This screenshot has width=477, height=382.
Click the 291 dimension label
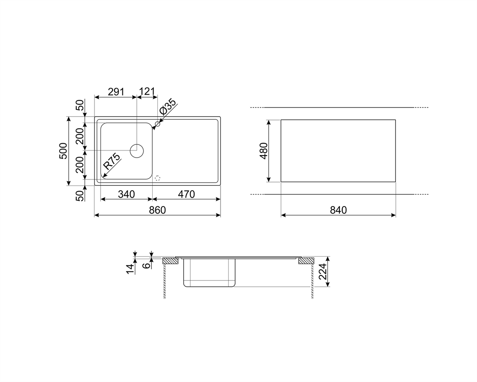tap(116, 92)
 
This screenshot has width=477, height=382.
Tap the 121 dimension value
tap(147, 92)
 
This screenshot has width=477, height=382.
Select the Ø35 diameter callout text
tap(168, 106)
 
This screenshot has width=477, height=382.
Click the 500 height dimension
tap(63, 151)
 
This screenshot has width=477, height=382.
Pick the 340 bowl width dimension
tap(126, 195)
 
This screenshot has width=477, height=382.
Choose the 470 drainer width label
tap(186, 195)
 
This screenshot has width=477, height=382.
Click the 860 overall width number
tap(157, 210)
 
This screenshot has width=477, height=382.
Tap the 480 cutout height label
tap(264, 151)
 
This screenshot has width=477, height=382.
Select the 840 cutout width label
tap(338, 210)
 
